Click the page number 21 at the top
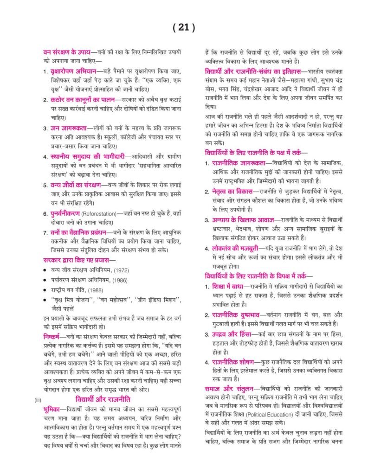coord(183,27)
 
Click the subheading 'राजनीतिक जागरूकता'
coord(239,163)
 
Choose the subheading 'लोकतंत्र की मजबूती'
coord(238,248)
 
